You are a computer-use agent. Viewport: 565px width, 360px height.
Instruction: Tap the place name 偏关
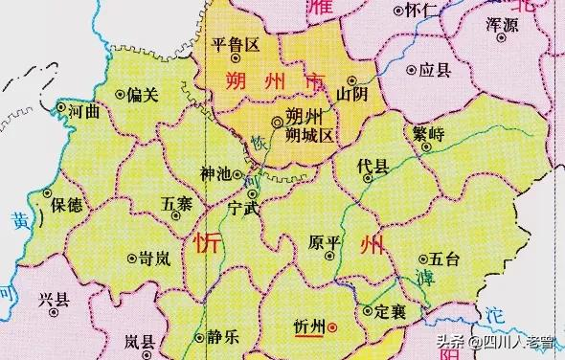pyautogui.click(x=141, y=94)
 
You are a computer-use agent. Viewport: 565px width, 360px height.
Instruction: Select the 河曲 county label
pyautogui.click(x=79, y=110)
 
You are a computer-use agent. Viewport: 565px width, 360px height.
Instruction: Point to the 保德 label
pyautogui.click(x=69, y=203)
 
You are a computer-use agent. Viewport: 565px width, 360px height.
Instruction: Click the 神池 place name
pyautogui.click(x=215, y=174)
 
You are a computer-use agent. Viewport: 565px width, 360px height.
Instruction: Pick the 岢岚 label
pyautogui.click(x=154, y=259)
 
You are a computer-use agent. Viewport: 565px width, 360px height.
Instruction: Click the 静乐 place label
pyautogui.click(x=222, y=336)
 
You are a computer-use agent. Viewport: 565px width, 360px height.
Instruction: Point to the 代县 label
pyautogui.click(x=373, y=168)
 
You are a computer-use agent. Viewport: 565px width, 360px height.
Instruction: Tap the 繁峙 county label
pyautogui.click(x=425, y=134)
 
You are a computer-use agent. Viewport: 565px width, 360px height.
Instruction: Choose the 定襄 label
pyautogui.click(x=392, y=311)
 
